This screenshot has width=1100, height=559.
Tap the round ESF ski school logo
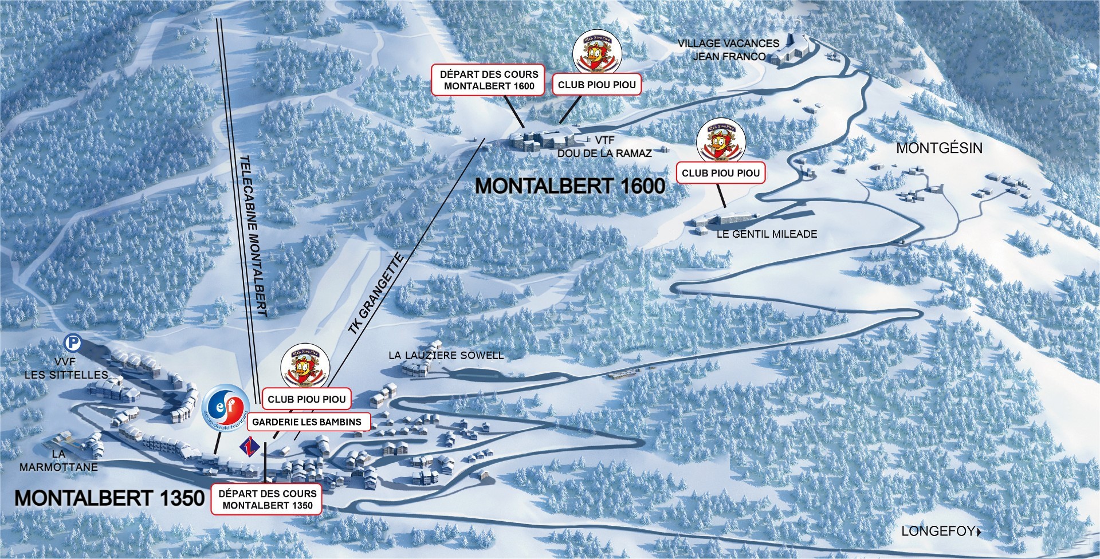(225, 408)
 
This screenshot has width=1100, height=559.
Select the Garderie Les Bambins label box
(307, 422)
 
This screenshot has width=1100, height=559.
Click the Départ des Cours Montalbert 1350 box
(268, 499)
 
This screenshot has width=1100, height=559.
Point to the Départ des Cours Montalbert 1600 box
(489, 80)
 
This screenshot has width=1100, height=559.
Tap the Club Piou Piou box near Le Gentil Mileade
(721, 172)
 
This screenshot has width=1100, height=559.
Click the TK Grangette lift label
(376, 294)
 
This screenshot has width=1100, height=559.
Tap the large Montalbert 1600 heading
(570, 186)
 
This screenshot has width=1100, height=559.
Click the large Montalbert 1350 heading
(109, 498)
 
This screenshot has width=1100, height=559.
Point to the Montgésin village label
(939, 148)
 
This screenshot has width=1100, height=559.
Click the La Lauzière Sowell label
(446, 355)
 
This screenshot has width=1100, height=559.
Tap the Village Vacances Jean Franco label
(728, 50)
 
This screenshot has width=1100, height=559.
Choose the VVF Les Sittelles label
(66, 368)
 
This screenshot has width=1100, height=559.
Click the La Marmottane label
(58, 460)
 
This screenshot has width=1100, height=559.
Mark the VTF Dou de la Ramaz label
(604, 147)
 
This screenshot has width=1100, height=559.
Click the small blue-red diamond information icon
(249, 444)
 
